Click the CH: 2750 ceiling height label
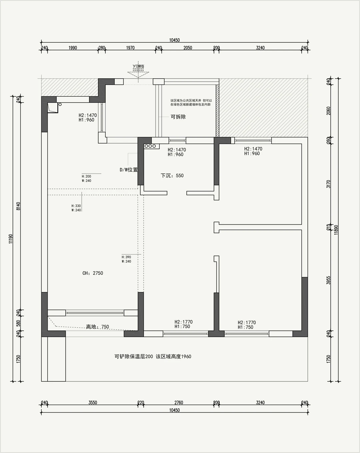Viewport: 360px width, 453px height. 93,273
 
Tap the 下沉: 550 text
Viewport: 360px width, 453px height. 172,176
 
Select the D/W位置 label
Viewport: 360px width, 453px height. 129,170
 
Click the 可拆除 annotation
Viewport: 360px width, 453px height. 178,117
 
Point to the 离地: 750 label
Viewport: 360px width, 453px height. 97,327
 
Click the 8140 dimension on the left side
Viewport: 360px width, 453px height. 19,206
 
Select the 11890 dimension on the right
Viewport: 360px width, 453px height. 336,230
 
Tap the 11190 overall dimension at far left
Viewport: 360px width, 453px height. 11,239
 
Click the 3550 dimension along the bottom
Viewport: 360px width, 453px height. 93,402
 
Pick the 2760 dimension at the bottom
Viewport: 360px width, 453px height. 179,402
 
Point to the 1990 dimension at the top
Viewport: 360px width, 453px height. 73,48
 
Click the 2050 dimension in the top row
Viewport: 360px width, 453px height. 188,48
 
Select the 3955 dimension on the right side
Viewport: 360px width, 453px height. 328,280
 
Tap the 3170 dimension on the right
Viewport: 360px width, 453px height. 328,184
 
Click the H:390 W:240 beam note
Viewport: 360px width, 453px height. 126,259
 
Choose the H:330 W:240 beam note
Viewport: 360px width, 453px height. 76,208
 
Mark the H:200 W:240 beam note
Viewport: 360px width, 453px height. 86,179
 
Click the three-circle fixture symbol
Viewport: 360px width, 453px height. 150,146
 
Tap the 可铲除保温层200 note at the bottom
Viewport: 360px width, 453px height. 134,356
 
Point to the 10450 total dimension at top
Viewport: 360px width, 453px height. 174,40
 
